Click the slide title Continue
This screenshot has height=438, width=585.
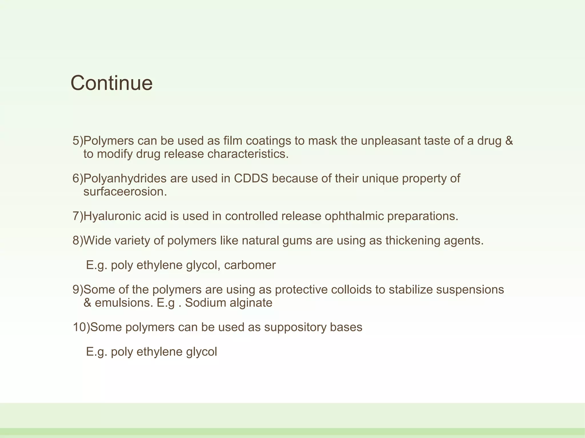coord(111,83)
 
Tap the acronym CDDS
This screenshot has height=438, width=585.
coord(251,179)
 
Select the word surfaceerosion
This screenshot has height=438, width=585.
coord(125,192)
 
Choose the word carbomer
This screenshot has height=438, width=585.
coord(250,265)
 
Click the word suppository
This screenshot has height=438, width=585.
coord(295,327)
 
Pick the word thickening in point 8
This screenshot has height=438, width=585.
coord(412,241)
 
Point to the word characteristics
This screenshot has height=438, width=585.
coord(248,154)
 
